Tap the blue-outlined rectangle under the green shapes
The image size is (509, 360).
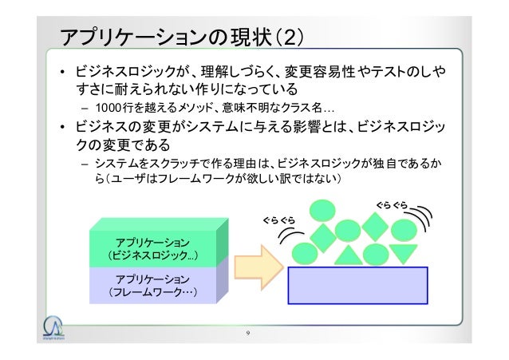pyautogui.click(x=357, y=285)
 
